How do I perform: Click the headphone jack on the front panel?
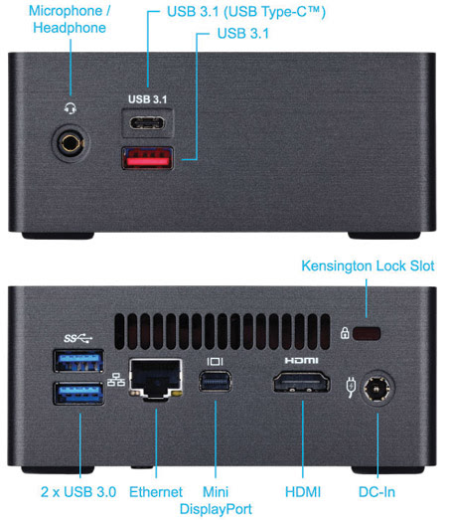coord(71,143)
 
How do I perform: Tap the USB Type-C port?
coord(147,123)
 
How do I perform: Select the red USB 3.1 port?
coord(147,158)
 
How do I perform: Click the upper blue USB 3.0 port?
coord(78,361)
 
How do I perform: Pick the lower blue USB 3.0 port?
coord(78,394)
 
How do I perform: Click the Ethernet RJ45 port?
coord(155,379)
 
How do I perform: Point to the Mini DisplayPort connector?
coord(215,382)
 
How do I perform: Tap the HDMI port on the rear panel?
coord(301,382)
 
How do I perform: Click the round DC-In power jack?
coord(376,388)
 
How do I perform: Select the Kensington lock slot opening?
coord(367,333)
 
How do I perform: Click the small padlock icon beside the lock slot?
coord(345,333)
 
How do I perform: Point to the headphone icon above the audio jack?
coord(71,108)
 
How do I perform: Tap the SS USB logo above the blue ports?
coord(77,338)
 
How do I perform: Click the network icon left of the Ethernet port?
coord(116,380)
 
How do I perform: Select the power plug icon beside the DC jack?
coord(351,387)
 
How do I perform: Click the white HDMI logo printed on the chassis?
coord(301,360)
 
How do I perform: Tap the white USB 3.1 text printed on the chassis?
coord(147,99)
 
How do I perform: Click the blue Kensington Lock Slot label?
coord(368,266)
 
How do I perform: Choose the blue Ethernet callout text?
coord(156,492)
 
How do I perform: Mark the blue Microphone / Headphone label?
coord(70,19)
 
